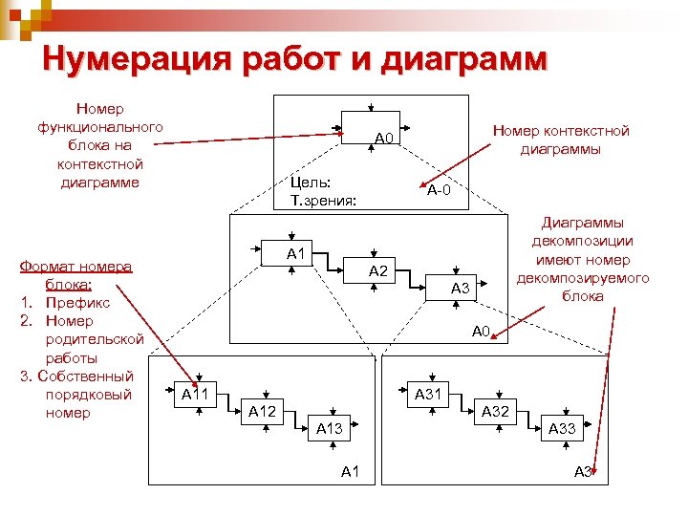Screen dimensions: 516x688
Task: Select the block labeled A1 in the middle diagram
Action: [x=295, y=253]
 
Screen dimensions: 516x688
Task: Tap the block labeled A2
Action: [x=377, y=271]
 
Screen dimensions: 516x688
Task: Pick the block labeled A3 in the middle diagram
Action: [x=460, y=288]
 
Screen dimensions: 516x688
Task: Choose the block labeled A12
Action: [x=262, y=411]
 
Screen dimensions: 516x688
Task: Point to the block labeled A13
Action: [x=329, y=428]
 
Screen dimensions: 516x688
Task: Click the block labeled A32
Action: [x=495, y=411]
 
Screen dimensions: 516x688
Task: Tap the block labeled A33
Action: [x=562, y=428]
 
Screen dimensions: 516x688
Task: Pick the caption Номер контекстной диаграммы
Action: [x=560, y=140]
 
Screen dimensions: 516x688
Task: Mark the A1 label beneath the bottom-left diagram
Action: [x=350, y=471]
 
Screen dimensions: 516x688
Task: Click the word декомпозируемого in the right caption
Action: [x=582, y=278]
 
